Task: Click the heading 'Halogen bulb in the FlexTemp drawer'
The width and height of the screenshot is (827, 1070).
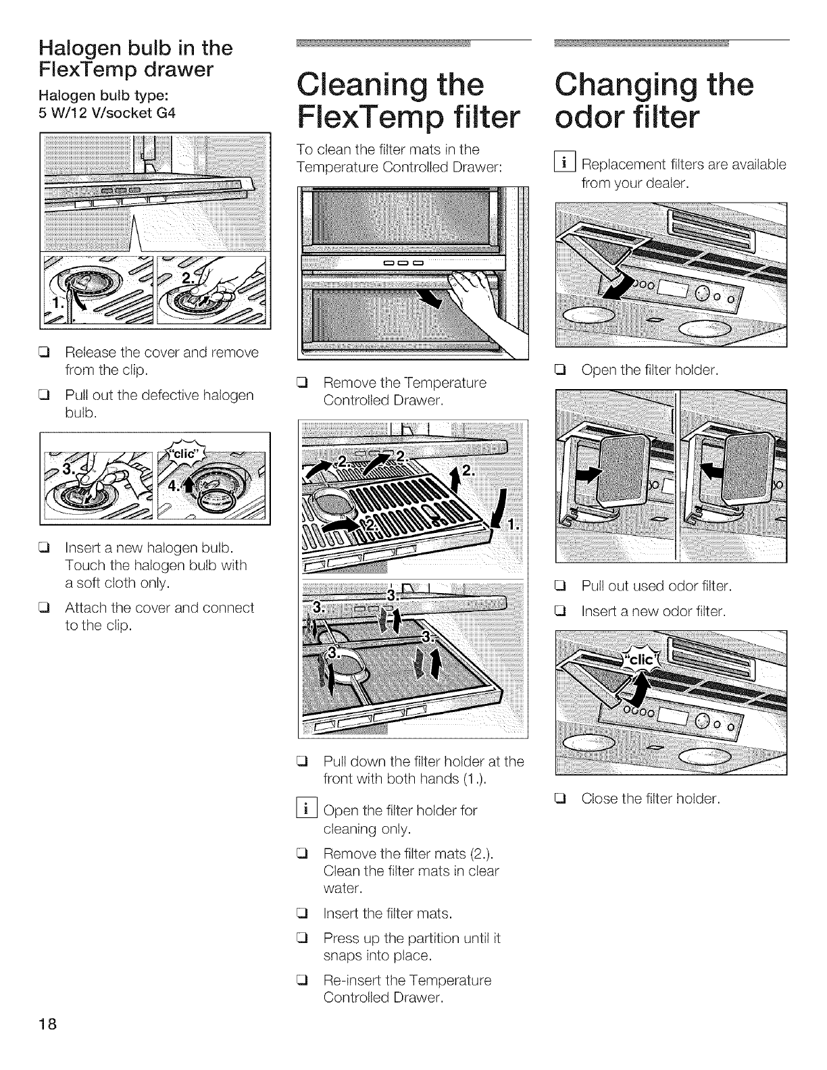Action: point(135,58)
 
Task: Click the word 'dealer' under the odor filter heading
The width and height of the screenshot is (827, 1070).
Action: point(664,182)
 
